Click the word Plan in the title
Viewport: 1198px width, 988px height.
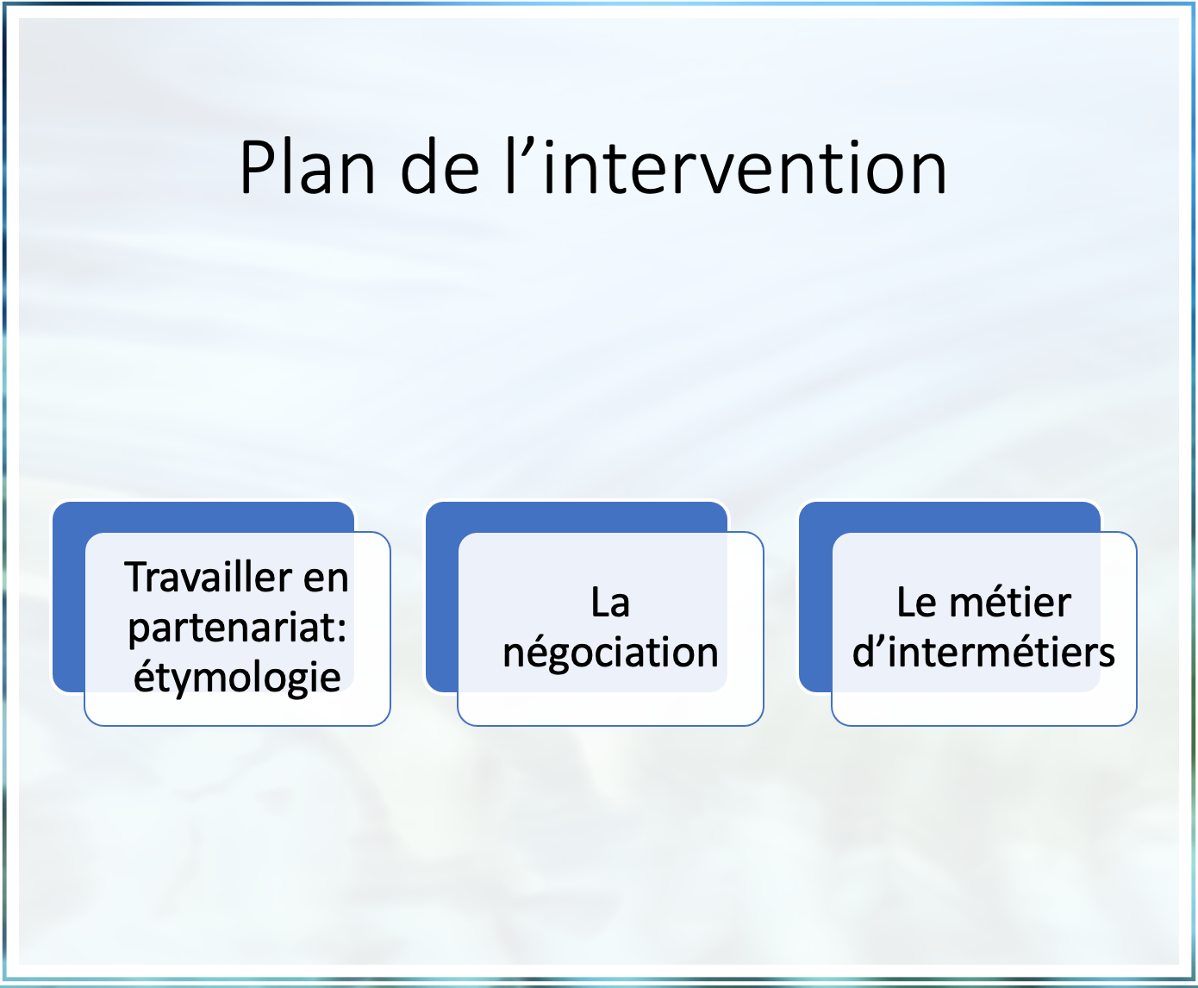308,167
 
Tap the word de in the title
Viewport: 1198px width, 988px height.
440,166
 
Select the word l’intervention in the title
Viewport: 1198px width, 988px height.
726,166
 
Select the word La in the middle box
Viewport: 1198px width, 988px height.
610,603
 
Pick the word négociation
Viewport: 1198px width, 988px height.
610,653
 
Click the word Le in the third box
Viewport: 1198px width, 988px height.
915,603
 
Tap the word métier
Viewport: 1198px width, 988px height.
1010,603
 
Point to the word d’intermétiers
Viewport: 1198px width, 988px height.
983,652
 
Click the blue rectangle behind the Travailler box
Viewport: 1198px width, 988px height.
69,597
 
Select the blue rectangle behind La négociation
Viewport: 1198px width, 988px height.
442,597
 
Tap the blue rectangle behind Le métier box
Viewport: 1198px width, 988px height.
815,597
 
